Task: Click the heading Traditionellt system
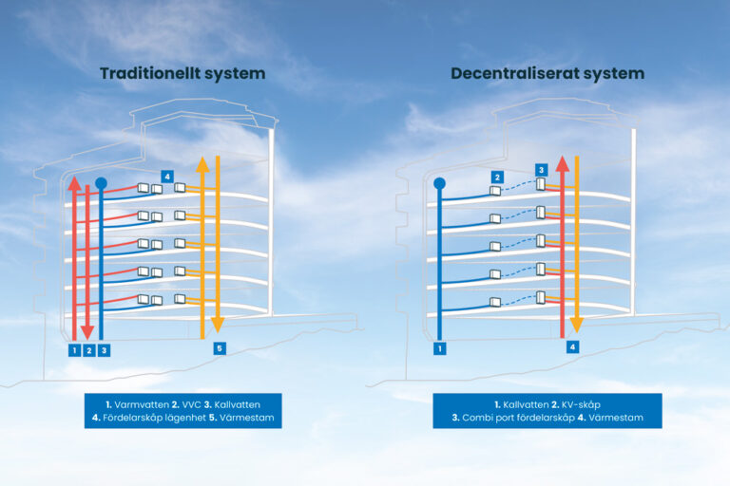point(183,73)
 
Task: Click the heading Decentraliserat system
point(547,73)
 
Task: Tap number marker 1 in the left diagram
point(73,350)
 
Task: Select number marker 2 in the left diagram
point(88,350)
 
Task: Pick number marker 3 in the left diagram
point(104,350)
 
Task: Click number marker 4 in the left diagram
point(166,177)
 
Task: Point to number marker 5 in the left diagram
point(220,348)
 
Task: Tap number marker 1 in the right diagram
point(439,348)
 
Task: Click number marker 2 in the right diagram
point(496,177)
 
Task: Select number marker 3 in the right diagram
point(541,170)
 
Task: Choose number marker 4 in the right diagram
point(572,348)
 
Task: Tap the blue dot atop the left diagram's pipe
point(101,182)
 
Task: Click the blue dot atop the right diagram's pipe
point(439,182)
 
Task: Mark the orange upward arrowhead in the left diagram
point(202,164)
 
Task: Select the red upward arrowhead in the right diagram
point(563,162)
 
